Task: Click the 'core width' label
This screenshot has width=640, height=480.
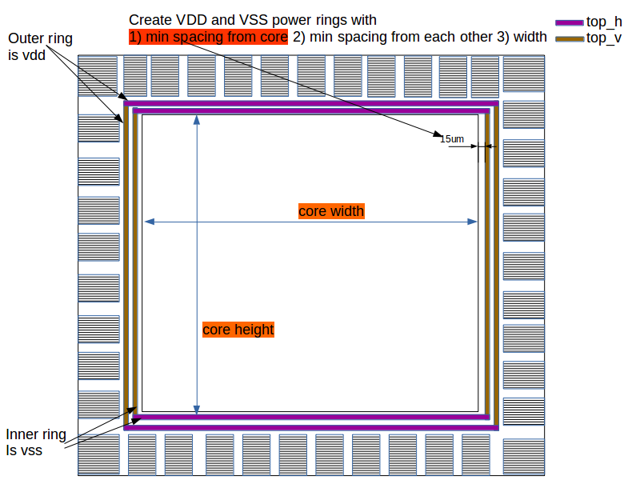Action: click(331, 211)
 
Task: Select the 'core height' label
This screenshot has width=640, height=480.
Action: click(238, 330)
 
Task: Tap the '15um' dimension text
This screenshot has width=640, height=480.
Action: click(452, 139)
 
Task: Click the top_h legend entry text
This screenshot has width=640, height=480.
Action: click(604, 22)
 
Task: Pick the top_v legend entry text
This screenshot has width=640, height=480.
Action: click(604, 38)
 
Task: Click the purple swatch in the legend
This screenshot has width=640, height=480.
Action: click(569, 22)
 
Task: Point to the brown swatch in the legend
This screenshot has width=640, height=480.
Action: click(569, 38)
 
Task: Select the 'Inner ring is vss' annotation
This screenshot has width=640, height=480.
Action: click(36, 442)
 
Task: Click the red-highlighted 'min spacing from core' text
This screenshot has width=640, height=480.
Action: click(208, 37)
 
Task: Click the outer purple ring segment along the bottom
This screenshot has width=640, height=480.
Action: click(312, 428)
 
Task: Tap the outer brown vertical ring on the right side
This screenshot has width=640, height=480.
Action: click(496, 264)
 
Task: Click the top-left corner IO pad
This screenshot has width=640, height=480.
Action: click(98, 75)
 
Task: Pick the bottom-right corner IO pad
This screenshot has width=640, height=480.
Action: click(523, 454)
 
